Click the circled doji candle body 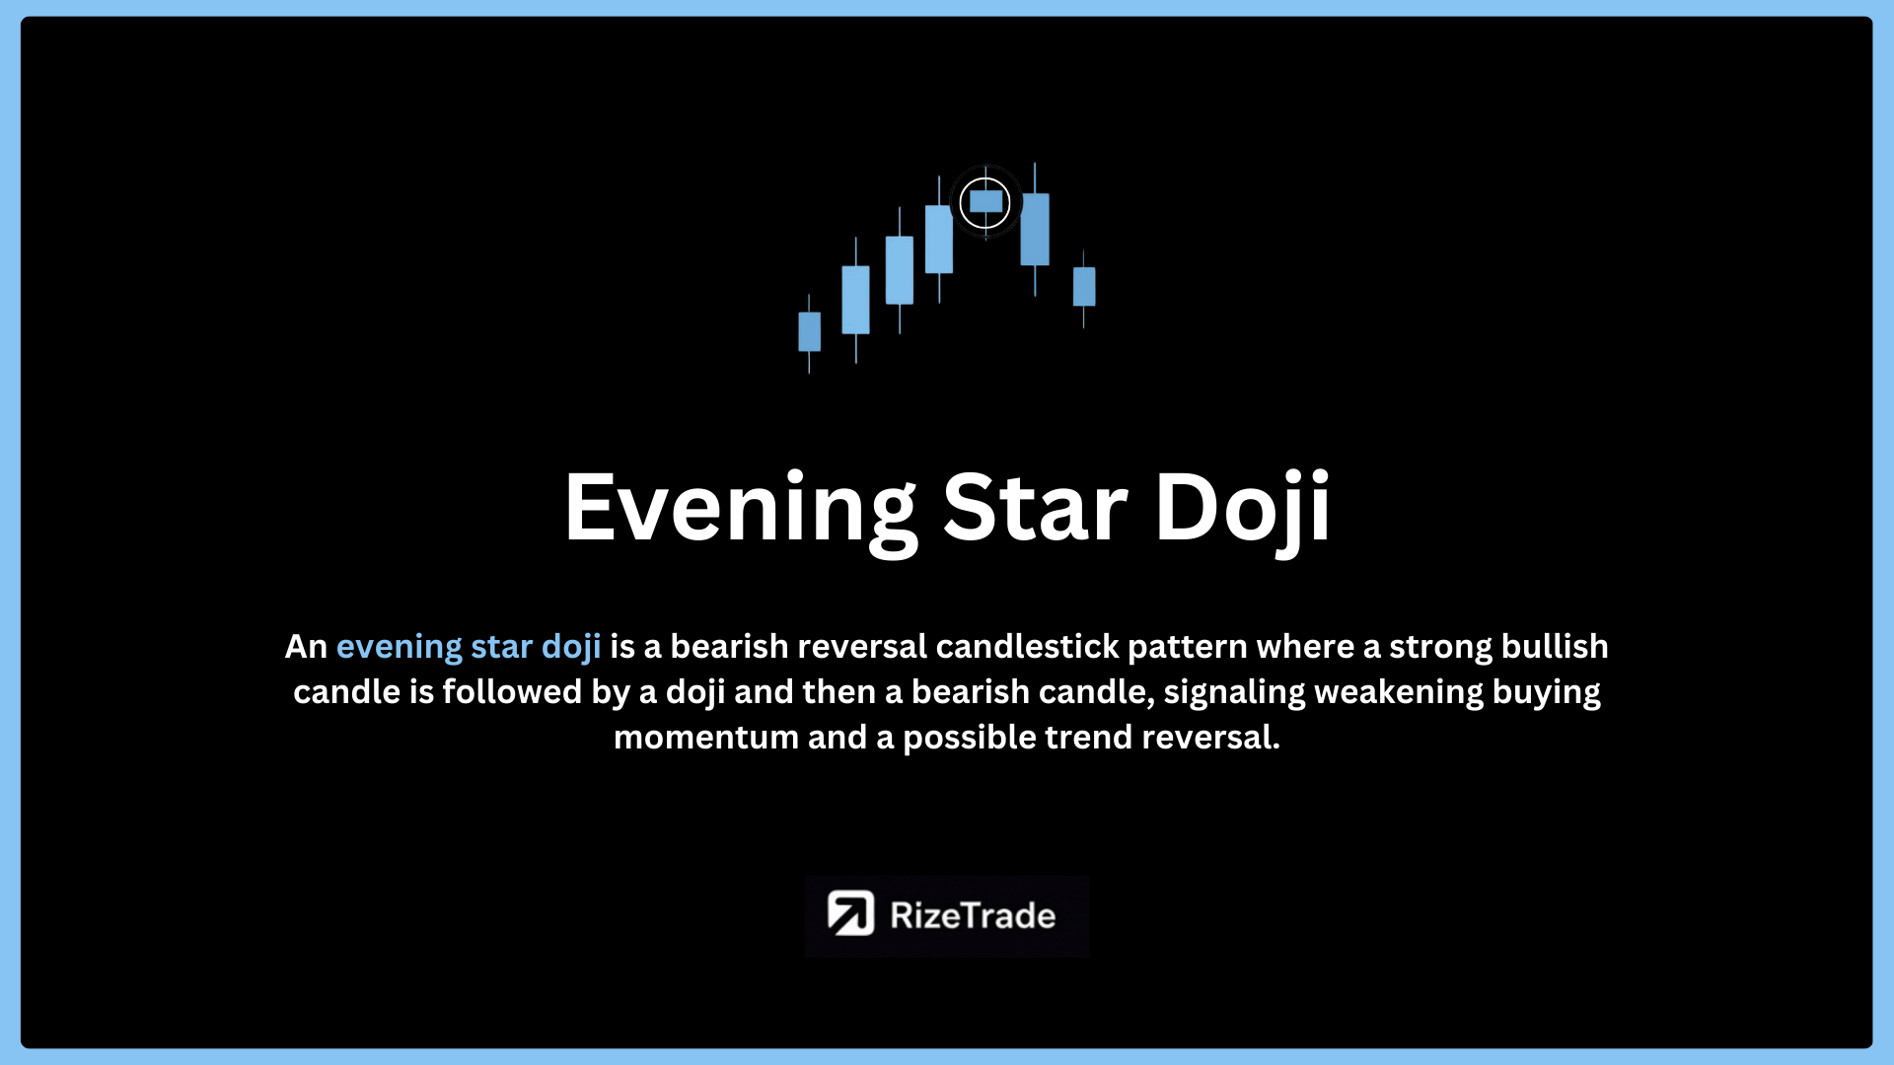point(985,201)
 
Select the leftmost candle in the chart point(809,332)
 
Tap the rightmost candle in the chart point(1084,287)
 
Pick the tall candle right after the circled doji point(1035,229)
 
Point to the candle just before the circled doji point(939,239)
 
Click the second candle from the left point(855,300)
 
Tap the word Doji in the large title point(1243,510)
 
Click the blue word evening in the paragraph point(400,647)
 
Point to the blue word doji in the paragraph point(571,647)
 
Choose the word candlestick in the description point(1027,646)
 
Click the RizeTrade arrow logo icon point(850,914)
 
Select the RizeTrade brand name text point(973,915)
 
